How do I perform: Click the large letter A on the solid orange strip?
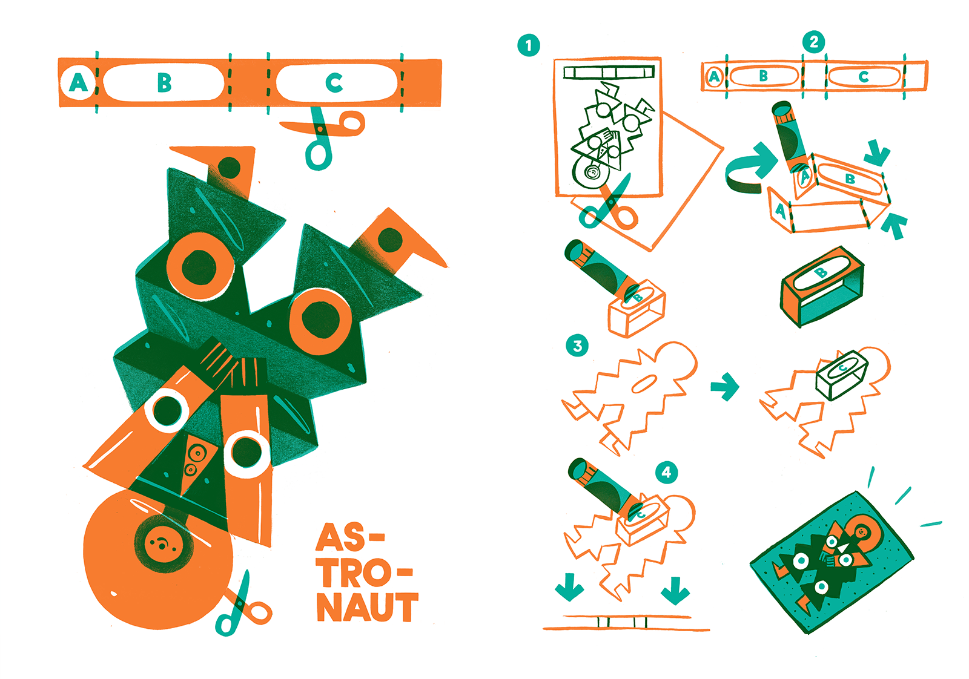(78, 82)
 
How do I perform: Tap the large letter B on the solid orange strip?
(164, 82)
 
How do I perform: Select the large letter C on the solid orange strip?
(334, 82)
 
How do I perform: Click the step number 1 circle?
(529, 45)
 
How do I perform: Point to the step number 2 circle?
(814, 42)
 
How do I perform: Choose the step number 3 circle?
(577, 346)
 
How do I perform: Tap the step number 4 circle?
(667, 472)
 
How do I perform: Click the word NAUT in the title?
(368, 607)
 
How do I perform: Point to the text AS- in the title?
(351, 537)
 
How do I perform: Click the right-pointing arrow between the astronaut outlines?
(725, 386)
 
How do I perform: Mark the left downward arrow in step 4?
(569, 587)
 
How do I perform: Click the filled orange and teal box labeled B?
(822, 286)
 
